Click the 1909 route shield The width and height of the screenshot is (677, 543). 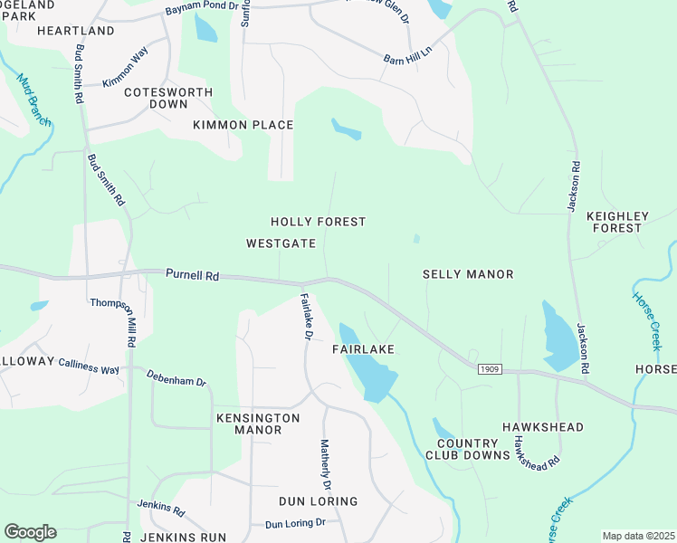click(x=489, y=369)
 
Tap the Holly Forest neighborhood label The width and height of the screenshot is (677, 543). click(x=319, y=222)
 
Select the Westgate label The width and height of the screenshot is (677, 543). click(x=281, y=243)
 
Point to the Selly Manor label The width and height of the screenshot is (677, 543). click(x=468, y=274)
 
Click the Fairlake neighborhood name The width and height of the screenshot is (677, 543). click(x=366, y=348)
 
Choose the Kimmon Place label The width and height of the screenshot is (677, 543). click(x=243, y=125)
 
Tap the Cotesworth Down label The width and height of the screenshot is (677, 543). click(x=168, y=98)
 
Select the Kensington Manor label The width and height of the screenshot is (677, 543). click(x=258, y=424)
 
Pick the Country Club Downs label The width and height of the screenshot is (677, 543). click(x=473, y=449)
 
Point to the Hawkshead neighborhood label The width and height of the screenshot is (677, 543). click(x=543, y=427)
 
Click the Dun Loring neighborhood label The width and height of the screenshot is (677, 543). click(x=318, y=501)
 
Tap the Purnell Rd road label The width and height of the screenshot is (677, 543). click(x=192, y=273)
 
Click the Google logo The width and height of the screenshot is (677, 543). click(x=30, y=532)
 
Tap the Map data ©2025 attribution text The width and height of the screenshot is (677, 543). click(x=637, y=536)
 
